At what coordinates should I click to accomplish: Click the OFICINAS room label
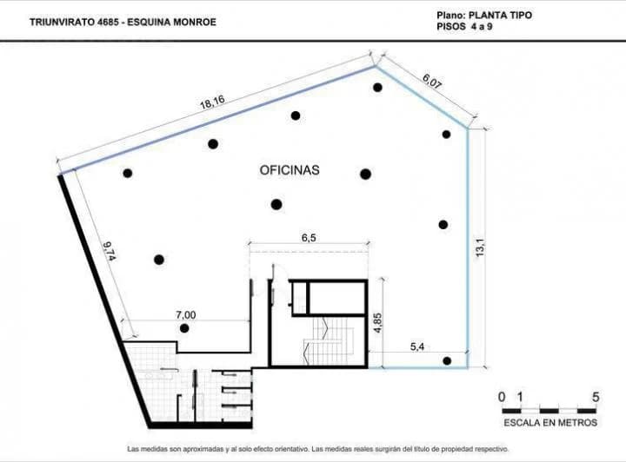[290, 170]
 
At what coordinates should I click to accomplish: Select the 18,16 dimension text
[212, 104]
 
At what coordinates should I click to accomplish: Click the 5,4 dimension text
[417, 347]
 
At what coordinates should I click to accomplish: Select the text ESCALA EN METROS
[550, 423]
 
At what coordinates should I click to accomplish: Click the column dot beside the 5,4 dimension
[447, 361]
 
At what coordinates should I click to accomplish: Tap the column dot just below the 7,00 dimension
[184, 328]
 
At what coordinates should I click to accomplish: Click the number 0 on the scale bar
[502, 397]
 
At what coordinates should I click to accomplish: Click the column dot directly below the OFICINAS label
[276, 204]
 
